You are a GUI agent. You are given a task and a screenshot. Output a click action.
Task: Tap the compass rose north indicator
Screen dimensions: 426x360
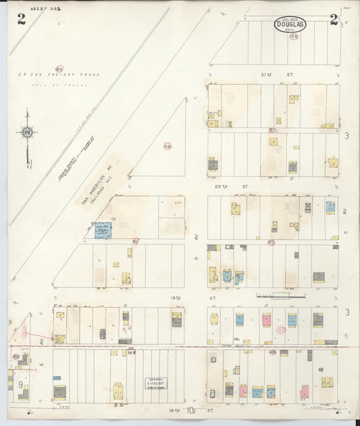click(27, 133)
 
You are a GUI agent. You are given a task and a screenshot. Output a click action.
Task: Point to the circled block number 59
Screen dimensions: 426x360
click(294, 37)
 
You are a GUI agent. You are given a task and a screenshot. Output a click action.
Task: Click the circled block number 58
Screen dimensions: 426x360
click(168, 145)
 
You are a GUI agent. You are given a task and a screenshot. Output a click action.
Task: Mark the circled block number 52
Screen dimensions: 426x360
click(271, 242)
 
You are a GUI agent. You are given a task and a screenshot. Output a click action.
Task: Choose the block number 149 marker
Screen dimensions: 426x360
click(131, 352)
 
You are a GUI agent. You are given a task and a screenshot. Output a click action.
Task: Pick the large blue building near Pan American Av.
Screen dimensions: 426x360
click(103, 230)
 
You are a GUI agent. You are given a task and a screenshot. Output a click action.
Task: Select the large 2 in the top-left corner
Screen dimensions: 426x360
click(22, 20)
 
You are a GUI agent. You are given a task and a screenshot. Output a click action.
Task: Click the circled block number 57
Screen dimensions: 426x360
click(273, 130)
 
